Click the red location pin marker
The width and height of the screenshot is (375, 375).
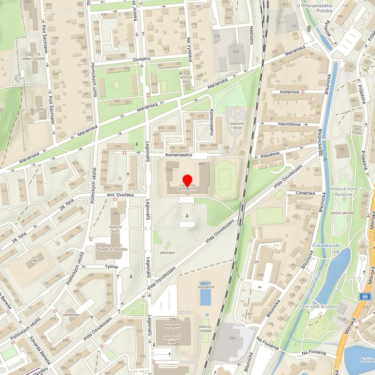187,180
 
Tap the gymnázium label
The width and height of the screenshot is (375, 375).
187,190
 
